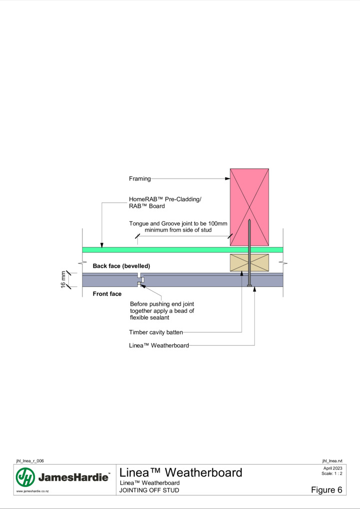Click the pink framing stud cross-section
[249, 207]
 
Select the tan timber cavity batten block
[249, 262]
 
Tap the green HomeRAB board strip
[183, 250]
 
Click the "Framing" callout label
[140, 179]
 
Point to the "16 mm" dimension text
[63, 279]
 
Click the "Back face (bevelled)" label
[121, 266]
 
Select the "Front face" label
[107, 294]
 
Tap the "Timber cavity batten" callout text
[156, 332]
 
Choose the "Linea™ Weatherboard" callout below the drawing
[159, 345]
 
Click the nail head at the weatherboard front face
[249, 285]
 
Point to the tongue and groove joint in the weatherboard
[140, 279]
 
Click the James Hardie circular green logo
[25, 477]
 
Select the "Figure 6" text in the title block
[327, 490]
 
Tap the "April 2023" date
[333, 468]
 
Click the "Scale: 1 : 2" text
[332, 473]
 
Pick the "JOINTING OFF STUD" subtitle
[149, 490]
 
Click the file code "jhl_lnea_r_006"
[30, 461]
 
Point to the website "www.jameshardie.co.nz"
[32, 491]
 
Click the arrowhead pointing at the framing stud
[228, 179]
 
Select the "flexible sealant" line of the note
[149, 317]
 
